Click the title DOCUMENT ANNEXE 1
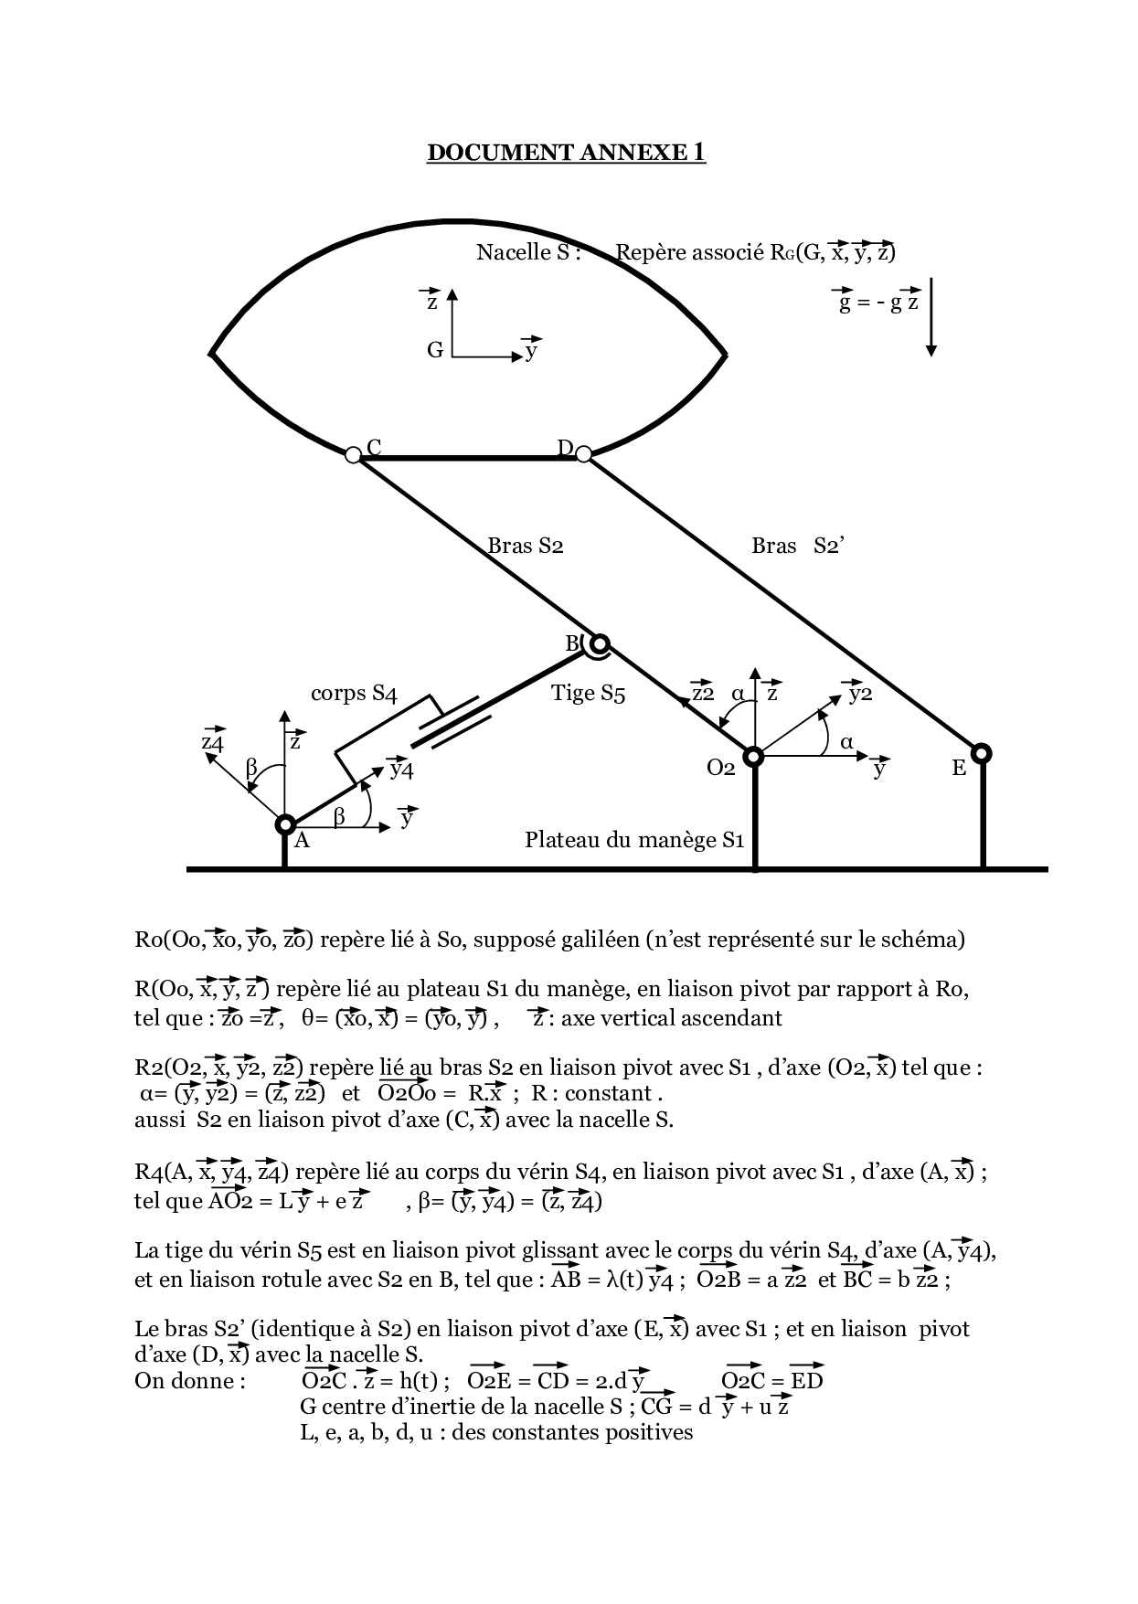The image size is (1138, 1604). point(566,152)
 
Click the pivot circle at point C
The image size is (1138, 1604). point(354,454)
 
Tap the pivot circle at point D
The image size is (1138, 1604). point(583,453)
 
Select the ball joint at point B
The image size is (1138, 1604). point(599,643)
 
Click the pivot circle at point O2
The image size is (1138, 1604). point(753,756)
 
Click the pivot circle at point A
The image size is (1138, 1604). point(284,824)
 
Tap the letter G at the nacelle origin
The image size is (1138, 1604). point(435,350)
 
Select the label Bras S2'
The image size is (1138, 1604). point(797,546)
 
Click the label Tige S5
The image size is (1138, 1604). point(588,693)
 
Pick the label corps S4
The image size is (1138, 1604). point(354,693)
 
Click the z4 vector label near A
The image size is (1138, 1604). point(212,740)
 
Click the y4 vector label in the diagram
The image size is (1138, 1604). point(401,769)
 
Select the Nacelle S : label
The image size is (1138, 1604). point(528,252)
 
